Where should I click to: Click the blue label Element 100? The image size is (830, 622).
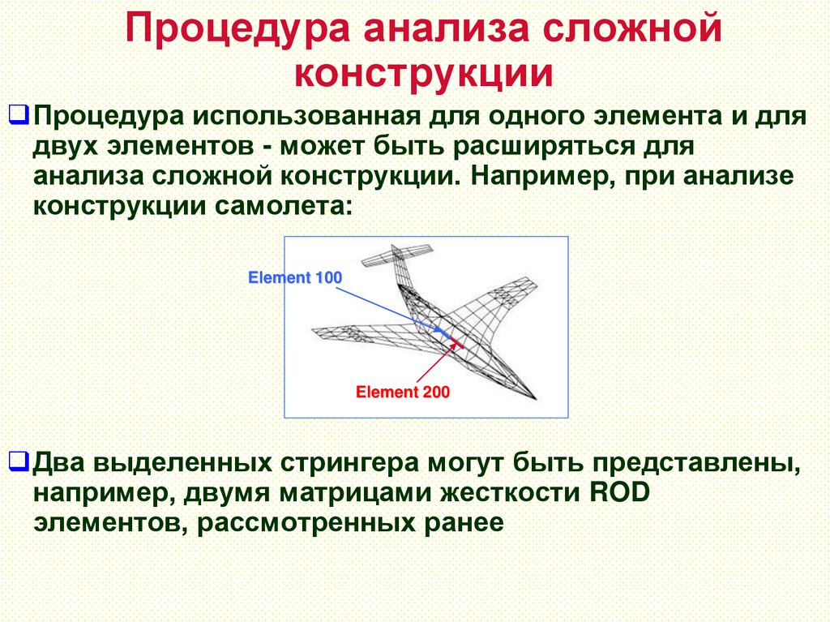[295, 278]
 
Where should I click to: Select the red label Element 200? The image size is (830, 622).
[403, 393]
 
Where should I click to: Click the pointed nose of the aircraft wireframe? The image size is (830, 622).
[535, 400]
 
